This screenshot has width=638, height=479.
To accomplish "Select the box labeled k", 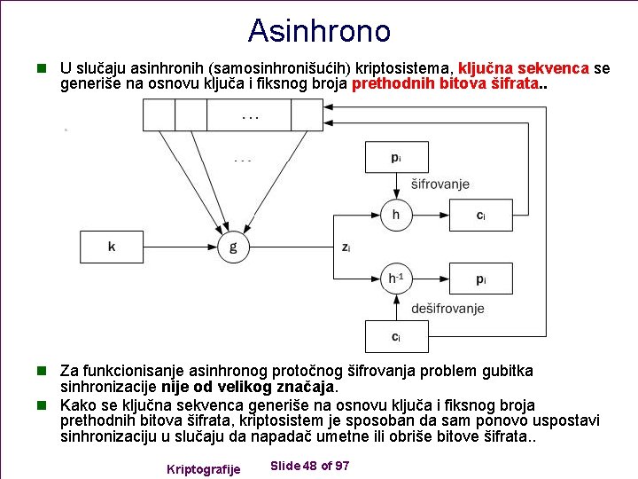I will point(112,247).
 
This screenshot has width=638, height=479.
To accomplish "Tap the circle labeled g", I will point(233,247).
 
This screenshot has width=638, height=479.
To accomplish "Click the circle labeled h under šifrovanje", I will point(395,214).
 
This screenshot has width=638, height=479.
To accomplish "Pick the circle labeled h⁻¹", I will point(395,279).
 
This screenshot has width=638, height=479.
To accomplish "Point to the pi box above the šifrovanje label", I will point(396,158).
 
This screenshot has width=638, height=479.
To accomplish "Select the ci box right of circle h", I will point(480,214).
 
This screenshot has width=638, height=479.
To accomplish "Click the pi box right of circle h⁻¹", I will point(480,279).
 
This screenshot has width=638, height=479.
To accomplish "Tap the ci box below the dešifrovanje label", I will point(396,337).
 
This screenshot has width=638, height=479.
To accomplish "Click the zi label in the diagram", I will point(346,247).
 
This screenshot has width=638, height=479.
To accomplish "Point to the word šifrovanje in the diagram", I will point(440,185).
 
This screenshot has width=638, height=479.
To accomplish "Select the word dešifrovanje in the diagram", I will point(447,309).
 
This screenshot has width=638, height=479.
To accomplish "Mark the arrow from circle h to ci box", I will point(430,214).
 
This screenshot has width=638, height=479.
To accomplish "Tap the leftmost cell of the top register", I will point(159,114).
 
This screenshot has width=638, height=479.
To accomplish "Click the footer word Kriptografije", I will point(203,468).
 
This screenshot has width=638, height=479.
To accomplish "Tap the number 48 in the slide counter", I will point(309,466).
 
